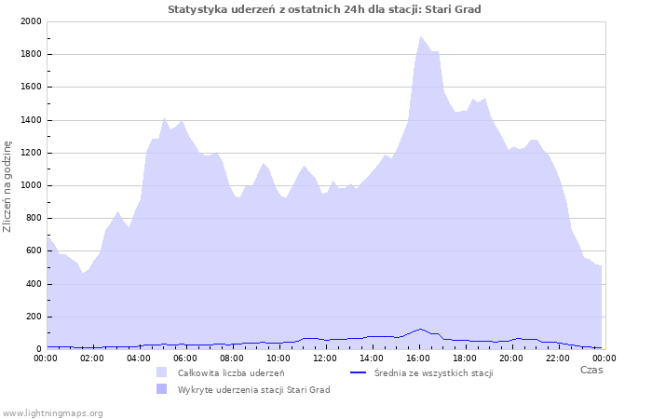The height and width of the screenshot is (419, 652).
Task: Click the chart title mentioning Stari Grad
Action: (324, 9)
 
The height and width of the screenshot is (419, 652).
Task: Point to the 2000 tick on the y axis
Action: (31, 21)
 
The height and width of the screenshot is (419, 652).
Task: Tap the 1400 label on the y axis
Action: (31, 120)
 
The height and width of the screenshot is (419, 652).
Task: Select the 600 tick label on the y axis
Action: (34, 250)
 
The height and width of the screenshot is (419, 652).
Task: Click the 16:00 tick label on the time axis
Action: (418, 358)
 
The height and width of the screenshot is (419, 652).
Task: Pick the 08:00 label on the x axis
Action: (232, 358)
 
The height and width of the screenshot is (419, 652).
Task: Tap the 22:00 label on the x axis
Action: (558, 358)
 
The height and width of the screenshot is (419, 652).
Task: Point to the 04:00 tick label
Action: (139, 358)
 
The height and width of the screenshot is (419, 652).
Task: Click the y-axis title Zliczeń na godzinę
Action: (7, 186)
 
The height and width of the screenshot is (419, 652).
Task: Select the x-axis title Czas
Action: (591, 370)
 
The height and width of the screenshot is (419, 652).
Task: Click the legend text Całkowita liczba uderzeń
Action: (231, 372)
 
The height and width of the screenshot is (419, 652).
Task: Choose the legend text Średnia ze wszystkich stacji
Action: (434, 372)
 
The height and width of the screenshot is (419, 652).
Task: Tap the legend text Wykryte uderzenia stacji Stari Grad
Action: (254, 390)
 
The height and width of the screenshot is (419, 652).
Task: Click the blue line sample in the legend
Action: (358, 372)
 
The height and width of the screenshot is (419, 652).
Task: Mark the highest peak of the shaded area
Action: (420, 36)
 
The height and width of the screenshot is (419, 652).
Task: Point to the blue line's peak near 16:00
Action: (420, 329)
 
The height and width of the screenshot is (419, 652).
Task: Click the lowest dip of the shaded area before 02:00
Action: (83, 273)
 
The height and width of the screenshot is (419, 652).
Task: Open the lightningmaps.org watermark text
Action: (52, 413)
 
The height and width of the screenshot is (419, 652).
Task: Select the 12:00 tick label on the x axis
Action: (325, 358)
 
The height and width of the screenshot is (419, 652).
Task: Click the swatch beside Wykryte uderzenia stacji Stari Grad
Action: (162, 389)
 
